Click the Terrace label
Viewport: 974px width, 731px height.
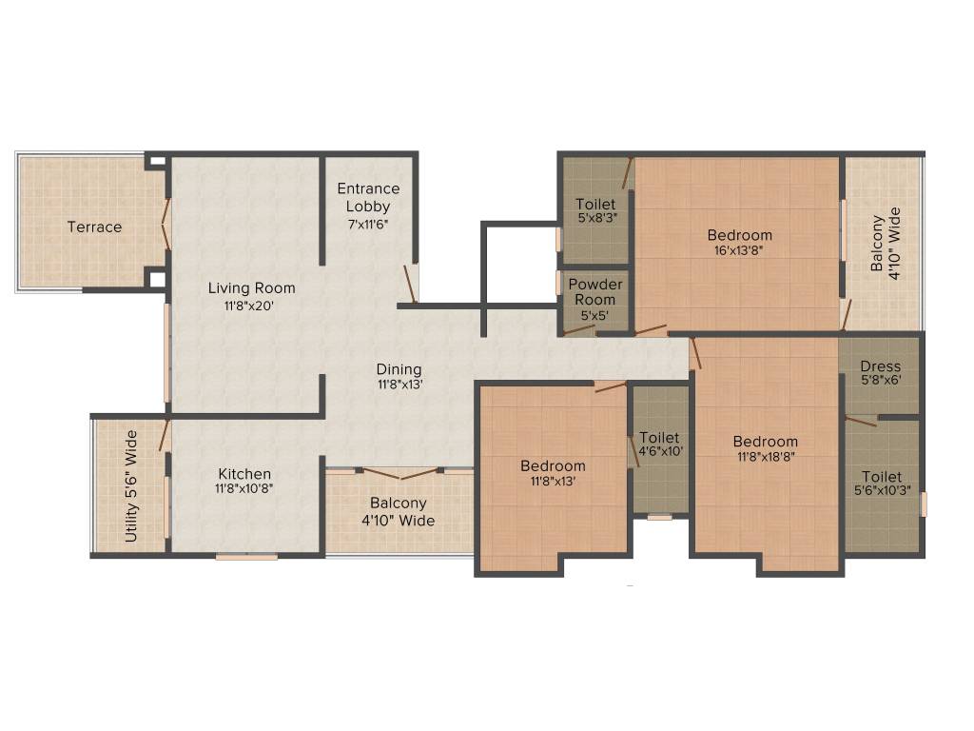94,227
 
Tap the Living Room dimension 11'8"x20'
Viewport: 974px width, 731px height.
252,306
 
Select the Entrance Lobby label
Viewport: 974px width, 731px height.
368,197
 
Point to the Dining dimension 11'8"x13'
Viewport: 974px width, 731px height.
399,385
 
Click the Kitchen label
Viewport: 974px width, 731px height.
244,473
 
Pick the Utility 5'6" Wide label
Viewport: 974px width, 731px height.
131,486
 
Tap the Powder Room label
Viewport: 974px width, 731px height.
595,291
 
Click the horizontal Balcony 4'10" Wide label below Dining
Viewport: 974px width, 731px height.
399,511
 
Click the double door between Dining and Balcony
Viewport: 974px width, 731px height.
399,472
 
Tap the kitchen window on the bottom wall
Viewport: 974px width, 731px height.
245,556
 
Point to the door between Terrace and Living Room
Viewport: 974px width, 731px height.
166,225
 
